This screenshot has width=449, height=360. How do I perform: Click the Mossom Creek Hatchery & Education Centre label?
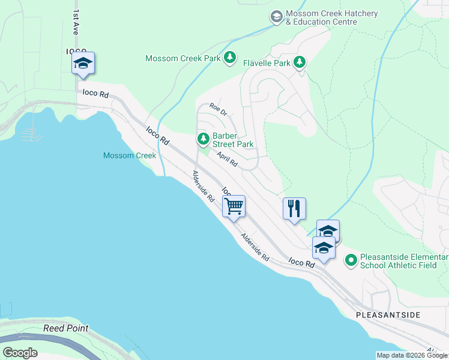pyautogui.click(x=321, y=17)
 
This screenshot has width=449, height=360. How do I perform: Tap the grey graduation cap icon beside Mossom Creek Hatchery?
pyautogui.click(x=277, y=17)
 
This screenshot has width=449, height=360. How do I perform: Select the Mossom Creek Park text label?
pyautogui.click(x=183, y=58)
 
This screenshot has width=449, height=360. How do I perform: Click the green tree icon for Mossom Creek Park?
pyautogui.click(x=229, y=58)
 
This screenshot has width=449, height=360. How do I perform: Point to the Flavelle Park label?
pyautogui.click(x=267, y=62)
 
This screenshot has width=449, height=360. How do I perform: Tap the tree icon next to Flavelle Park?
pyautogui.click(x=299, y=62)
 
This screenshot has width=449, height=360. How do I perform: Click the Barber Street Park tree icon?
pyautogui.click(x=203, y=139)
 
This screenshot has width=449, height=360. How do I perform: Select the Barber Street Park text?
pyautogui.click(x=232, y=140)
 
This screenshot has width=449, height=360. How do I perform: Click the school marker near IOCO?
pyautogui.click(x=83, y=64)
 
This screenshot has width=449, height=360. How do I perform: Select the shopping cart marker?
pyautogui.click(x=234, y=206)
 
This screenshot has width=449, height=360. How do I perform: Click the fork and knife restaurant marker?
pyautogui.click(x=294, y=209)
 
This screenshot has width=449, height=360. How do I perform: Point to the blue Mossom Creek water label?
pyautogui.click(x=130, y=156)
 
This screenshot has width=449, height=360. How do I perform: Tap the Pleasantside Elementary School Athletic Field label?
pyautogui.click(x=404, y=261)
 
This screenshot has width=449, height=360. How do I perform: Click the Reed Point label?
pyautogui.click(x=66, y=328)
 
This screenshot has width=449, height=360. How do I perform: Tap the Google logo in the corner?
pyautogui.click(x=20, y=352)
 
